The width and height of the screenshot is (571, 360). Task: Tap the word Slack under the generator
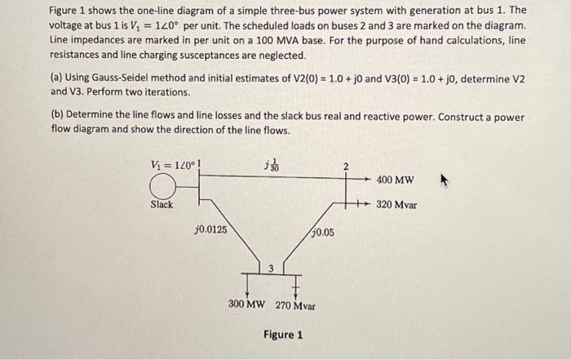point(161,204)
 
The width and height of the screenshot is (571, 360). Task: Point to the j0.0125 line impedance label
point(210,230)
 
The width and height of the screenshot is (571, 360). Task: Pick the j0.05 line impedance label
point(321,233)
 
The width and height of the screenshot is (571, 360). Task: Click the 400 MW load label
point(396,180)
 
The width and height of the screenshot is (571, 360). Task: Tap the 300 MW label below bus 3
point(249,306)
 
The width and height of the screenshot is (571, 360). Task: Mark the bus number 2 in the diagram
point(345,167)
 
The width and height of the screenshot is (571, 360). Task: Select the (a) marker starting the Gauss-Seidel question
point(55,78)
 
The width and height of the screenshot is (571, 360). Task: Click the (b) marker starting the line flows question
point(55,117)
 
